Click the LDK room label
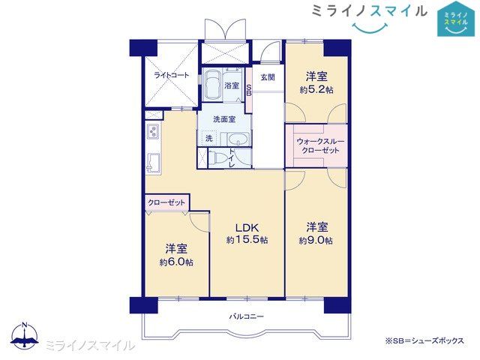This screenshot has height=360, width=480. click(x=247, y=228)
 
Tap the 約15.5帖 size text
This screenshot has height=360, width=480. click(x=247, y=241)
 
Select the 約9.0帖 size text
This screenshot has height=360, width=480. click(x=316, y=241)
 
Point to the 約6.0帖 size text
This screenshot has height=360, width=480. click(x=176, y=262)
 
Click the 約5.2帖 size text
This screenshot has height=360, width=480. click(x=316, y=89)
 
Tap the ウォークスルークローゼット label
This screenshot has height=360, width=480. click(x=317, y=145)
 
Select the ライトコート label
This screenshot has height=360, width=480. click(x=171, y=76)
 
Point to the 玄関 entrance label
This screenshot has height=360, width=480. click(x=268, y=76)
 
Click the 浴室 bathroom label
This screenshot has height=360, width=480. click(x=232, y=86)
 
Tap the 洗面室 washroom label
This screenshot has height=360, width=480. click(x=224, y=119)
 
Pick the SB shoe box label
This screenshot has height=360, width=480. click(x=249, y=89)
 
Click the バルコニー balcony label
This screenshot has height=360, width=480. click(x=247, y=316)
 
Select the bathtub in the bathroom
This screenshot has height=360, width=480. click(x=211, y=84)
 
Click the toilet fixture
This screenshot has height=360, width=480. click(x=215, y=157)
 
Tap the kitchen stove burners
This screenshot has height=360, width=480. click(x=153, y=134)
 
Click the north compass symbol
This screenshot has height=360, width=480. click(x=25, y=336)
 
